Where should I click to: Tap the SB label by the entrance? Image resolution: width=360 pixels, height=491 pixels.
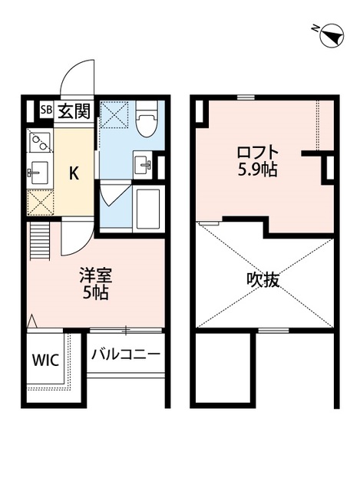[46, 110]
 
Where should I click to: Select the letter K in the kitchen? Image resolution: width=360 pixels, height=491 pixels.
[74, 173]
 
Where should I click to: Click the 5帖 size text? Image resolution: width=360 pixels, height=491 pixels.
[95, 293]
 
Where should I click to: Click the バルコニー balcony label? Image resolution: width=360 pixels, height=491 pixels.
[126, 355]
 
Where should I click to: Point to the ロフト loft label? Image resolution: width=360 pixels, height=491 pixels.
[256, 151]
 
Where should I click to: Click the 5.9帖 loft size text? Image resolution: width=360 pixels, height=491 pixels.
[256, 170]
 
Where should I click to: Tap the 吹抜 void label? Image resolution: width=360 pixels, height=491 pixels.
[263, 280]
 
